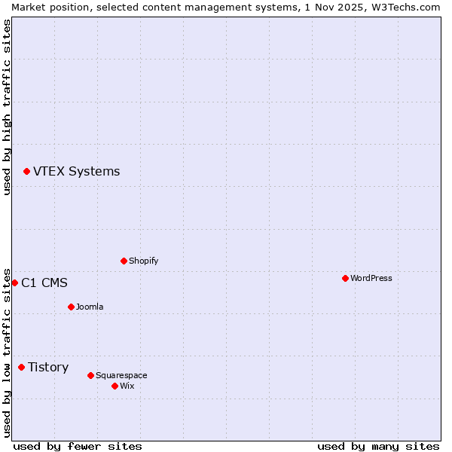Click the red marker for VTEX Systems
click(x=26, y=172)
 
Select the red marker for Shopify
click(x=124, y=261)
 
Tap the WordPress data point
click(x=345, y=279)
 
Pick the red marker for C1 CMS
click(x=14, y=283)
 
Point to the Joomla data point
click(x=71, y=307)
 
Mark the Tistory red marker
click(x=21, y=368)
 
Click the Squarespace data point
click(x=90, y=376)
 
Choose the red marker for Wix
click(x=115, y=386)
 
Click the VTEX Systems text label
click(x=76, y=172)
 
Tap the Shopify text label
click(x=143, y=261)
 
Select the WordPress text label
click(x=371, y=279)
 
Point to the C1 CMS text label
click(x=44, y=283)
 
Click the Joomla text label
click(x=90, y=307)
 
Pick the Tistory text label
click(x=48, y=368)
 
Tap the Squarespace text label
click(x=121, y=376)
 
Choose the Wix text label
click(x=127, y=386)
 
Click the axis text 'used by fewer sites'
click(x=78, y=446)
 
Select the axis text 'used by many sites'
click(x=378, y=446)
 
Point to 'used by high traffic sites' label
click(x=7, y=107)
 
